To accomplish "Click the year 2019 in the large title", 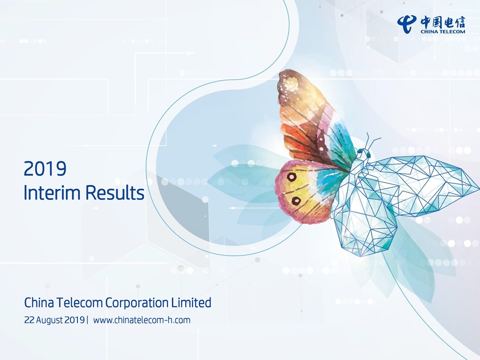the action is coord(45,168).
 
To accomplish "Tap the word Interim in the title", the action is coord(52,193).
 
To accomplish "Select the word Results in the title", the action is coord(115,193).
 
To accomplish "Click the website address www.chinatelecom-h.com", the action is coord(141,320).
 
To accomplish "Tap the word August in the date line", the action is coord(49,320).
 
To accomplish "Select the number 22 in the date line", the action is coord(29,320).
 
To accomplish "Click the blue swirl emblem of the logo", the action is coord(407,24).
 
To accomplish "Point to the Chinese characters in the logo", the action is coord(442,22).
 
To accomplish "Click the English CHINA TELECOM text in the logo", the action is coord(442,31).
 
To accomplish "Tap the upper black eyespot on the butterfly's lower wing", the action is coord(291,176).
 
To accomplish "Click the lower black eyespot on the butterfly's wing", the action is coord(296,201).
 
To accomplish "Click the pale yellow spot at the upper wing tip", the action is coord(291,83).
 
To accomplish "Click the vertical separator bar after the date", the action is coord(87,320).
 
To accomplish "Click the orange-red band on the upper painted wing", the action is coord(301,139).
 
